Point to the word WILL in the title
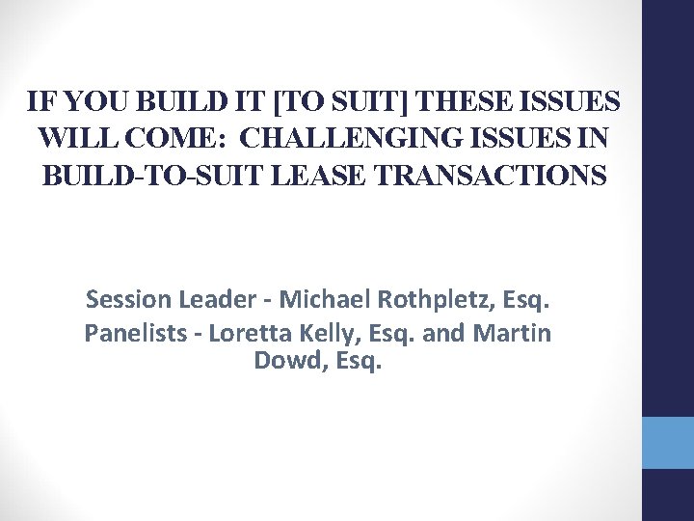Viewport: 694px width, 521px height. coord(72,138)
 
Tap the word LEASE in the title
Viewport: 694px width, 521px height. coord(313,176)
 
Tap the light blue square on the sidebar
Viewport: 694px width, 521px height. coord(668,443)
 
